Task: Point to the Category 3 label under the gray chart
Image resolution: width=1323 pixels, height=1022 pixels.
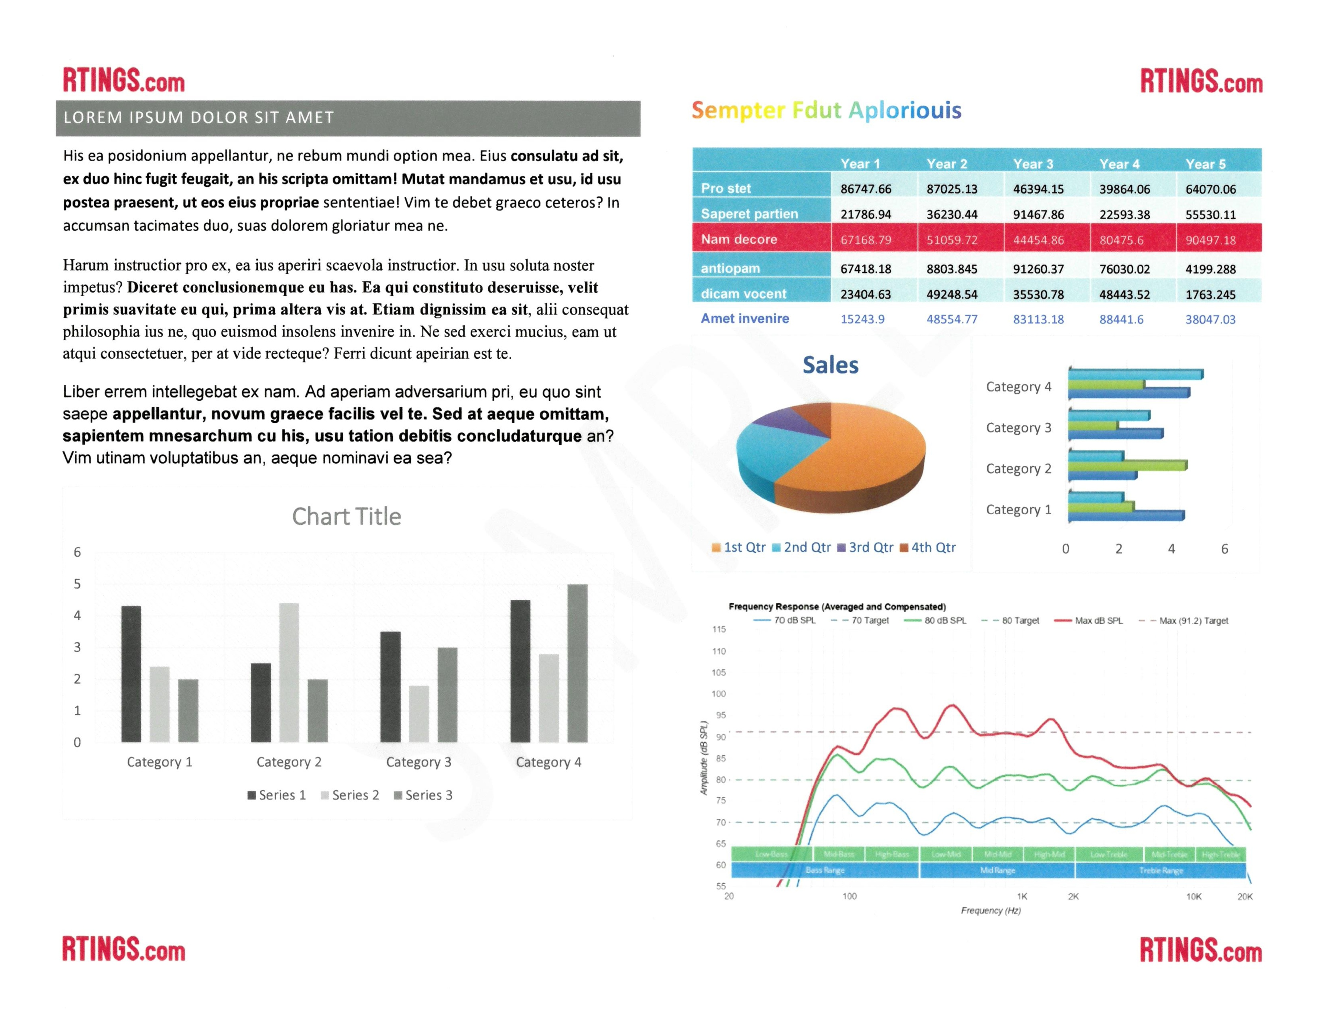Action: pos(419,762)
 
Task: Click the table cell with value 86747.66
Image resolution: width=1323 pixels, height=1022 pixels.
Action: pos(866,189)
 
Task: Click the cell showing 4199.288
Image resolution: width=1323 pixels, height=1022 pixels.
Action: pos(1210,269)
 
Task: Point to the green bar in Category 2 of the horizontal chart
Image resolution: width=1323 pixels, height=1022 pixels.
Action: pos(1126,466)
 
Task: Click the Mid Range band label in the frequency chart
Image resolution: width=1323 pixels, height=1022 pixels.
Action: pos(997,870)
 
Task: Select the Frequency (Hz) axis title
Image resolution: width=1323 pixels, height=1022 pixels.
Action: pos(991,910)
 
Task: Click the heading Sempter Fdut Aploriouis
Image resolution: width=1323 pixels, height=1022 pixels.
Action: pos(826,110)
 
